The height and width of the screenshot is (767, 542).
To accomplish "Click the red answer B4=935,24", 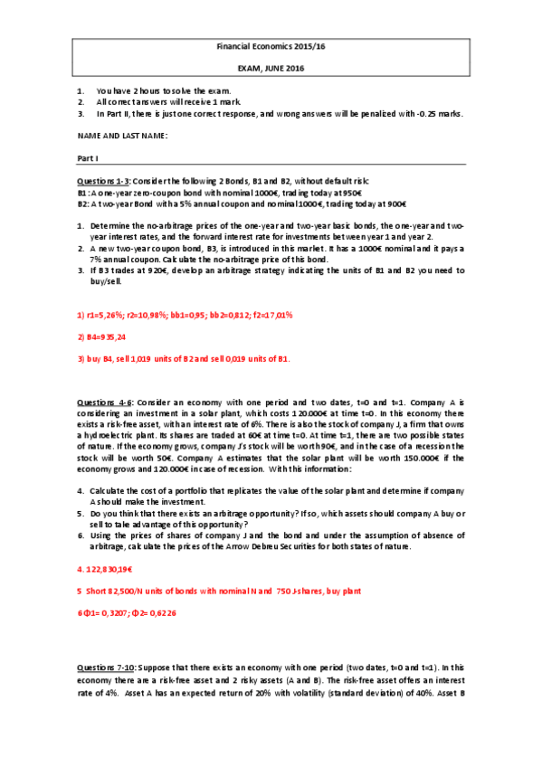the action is point(102,336).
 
